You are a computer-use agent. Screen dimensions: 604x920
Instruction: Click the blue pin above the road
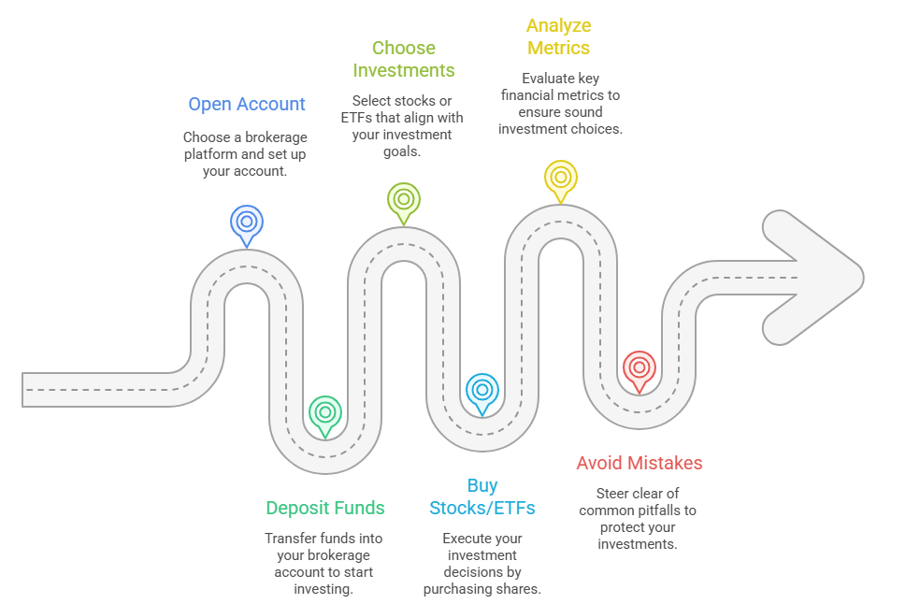(247, 223)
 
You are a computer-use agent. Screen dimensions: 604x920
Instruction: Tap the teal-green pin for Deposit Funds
(325, 412)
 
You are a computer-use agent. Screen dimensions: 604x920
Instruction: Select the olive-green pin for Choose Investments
(404, 199)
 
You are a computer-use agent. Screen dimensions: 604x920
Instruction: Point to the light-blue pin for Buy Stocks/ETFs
(482, 390)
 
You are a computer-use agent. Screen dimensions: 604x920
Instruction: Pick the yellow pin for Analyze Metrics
(560, 176)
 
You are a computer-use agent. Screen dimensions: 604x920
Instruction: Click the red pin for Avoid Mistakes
(640, 367)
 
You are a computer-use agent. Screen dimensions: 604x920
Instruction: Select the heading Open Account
(247, 104)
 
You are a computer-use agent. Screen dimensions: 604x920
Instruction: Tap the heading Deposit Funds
(325, 508)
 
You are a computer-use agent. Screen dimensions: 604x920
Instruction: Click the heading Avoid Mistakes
(640, 463)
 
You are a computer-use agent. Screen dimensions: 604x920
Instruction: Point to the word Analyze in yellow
(559, 25)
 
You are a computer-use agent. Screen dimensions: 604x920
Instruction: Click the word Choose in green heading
(404, 48)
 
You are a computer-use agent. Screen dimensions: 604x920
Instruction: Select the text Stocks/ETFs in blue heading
(482, 508)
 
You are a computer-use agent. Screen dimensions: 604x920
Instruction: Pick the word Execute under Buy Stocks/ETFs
(468, 538)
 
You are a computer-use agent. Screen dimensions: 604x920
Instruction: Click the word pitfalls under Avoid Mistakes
(654, 511)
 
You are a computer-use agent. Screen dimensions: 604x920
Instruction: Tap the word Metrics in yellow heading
(559, 48)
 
